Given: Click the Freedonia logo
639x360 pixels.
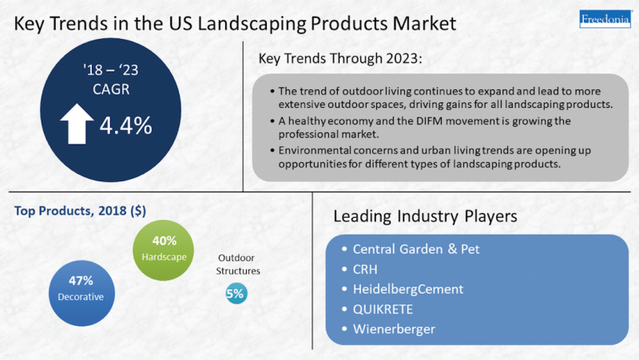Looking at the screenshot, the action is tap(605, 18).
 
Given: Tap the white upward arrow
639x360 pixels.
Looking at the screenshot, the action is tap(77, 124).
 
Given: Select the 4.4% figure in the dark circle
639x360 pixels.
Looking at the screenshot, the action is tap(126, 125).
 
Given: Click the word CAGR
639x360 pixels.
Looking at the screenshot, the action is tap(111, 89).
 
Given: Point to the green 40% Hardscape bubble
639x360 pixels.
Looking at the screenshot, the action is tap(164, 250).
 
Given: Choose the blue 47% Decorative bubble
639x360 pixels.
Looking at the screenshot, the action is tap(81, 293).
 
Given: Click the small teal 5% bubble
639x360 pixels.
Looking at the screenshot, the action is tap(236, 293).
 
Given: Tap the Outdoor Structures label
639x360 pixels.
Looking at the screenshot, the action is tap(237, 264).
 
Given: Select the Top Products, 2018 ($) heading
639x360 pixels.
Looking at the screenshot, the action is tap(81, 211).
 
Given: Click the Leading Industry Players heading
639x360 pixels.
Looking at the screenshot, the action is tap(425, 216).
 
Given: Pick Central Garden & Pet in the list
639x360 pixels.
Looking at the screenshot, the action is tap(416, 249).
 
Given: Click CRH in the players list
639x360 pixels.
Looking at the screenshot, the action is tap(365, 269).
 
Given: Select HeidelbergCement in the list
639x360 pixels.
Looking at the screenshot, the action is tap(408, 289).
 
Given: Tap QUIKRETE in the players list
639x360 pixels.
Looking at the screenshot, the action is tap(383, 309).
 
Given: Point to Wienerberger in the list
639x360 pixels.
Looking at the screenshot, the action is tap(394, 329).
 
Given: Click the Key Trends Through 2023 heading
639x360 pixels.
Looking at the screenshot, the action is tap(340, 58).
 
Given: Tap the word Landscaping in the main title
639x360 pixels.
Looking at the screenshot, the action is tap(252, 24).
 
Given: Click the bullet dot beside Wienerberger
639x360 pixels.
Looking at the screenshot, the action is tap(344, 328).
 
